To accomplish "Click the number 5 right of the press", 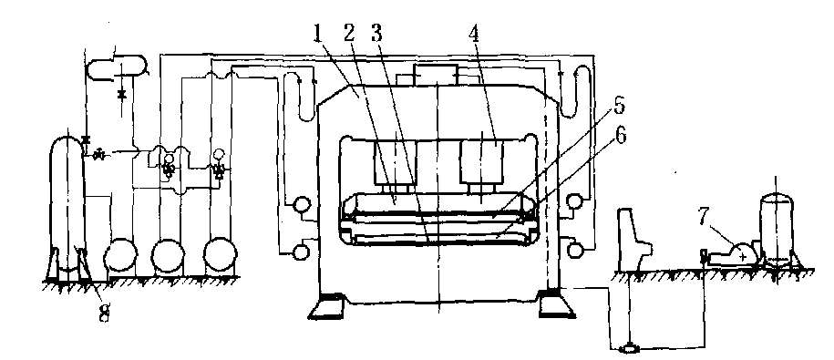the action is coord(619,107).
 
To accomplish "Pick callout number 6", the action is coord(620,137).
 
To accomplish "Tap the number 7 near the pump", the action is coord(705,219).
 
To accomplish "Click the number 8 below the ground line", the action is coord(104,313).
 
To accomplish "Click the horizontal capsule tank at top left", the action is coord(116,67).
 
